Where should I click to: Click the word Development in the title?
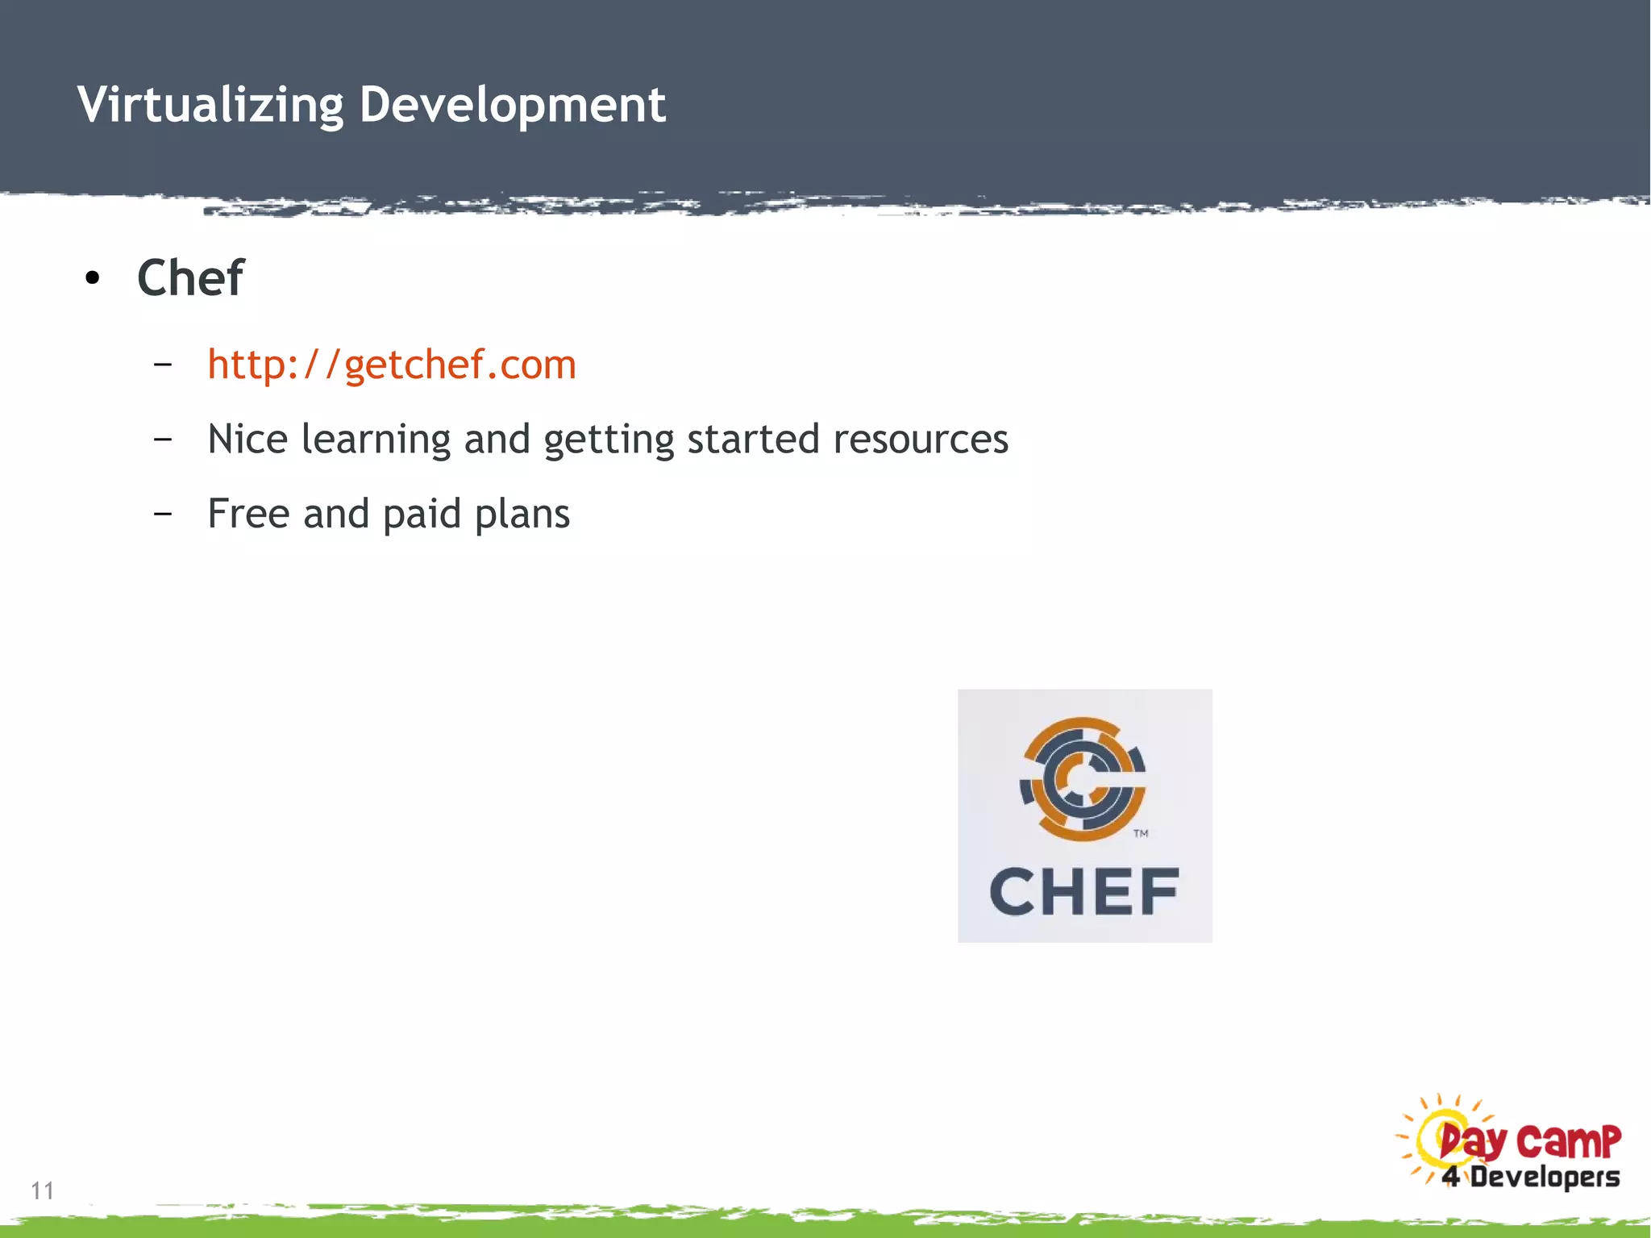tap(513, 105)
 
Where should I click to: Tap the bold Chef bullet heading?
tap(190, 278)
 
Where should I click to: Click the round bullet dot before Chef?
tap(93, 279)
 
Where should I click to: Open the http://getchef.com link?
tap(392, 365)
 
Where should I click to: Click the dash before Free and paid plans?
tap(163, 514)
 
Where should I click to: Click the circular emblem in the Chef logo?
tap(1083, 778)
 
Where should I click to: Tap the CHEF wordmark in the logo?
tap(1084, 892)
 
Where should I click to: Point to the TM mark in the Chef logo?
tap(1141, 834)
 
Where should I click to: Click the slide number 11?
tap(43, 1190)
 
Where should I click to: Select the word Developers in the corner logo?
tap(1545, 1177)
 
